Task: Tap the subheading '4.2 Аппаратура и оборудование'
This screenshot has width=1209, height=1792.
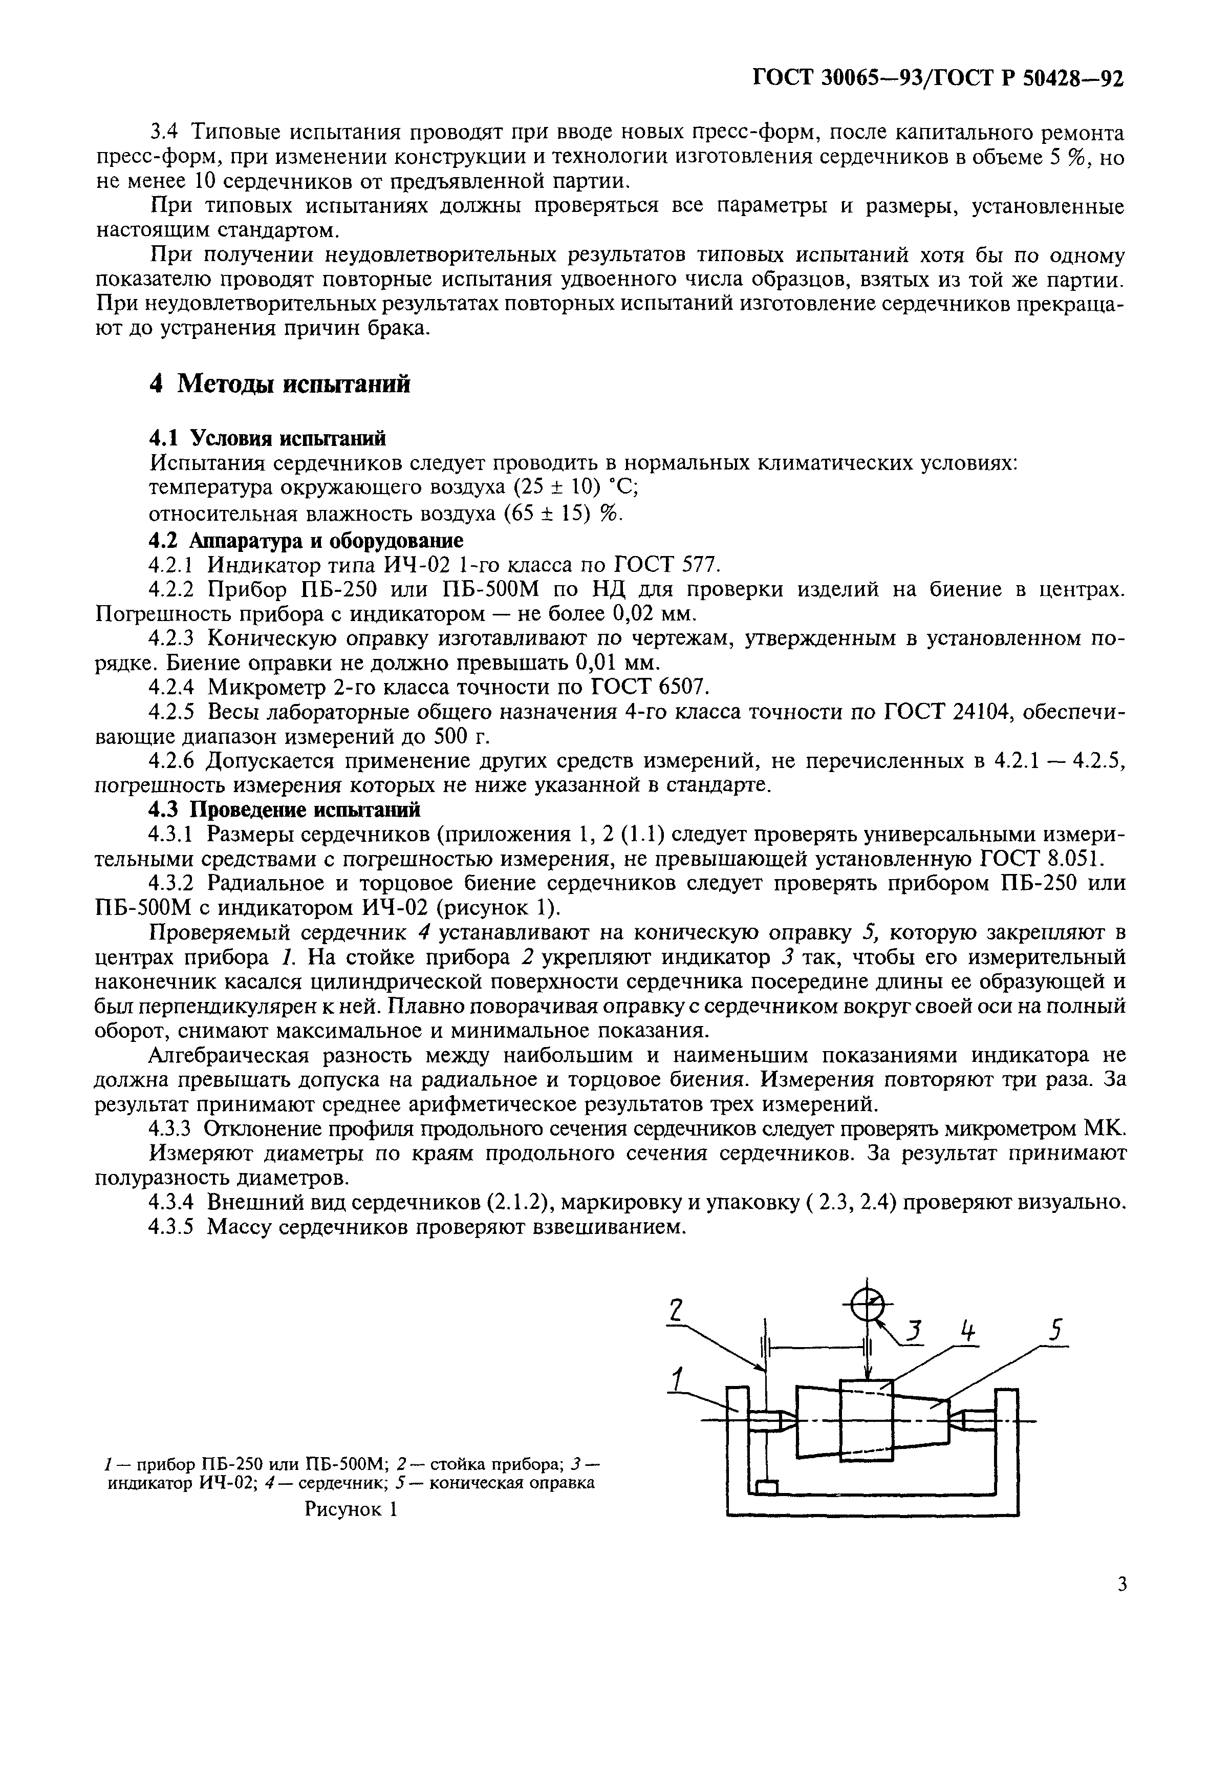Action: [x=306, y=540]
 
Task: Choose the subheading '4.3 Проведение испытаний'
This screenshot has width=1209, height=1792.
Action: [x=285, y=809]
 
